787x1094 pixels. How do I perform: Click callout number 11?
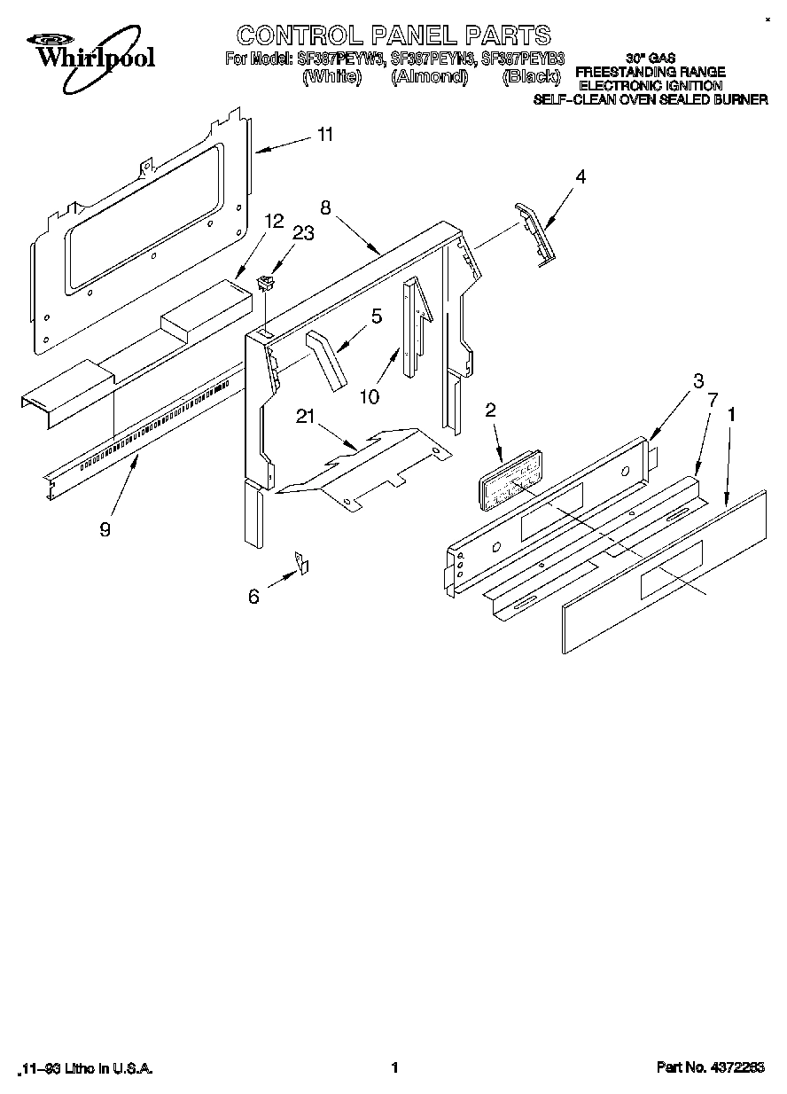tap(325, 135)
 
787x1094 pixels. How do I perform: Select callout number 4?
tap(581, 176)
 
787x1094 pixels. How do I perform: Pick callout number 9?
tap(105, 529)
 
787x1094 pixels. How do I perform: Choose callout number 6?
tap(254, 598)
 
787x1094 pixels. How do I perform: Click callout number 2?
tap(490, 410)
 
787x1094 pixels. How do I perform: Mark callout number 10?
tap(370, 396)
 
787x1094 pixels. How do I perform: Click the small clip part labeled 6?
tap(301, 562)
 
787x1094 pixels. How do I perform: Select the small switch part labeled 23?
tap(263, 284)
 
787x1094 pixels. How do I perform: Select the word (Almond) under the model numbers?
tap(429, 77)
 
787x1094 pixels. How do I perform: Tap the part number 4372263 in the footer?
tap(736, 1067)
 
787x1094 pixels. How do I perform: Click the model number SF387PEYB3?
tap(522, 59)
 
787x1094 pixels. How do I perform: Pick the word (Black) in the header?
tap(531, 77)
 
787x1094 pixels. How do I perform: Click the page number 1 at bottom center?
tap(393, 1067)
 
